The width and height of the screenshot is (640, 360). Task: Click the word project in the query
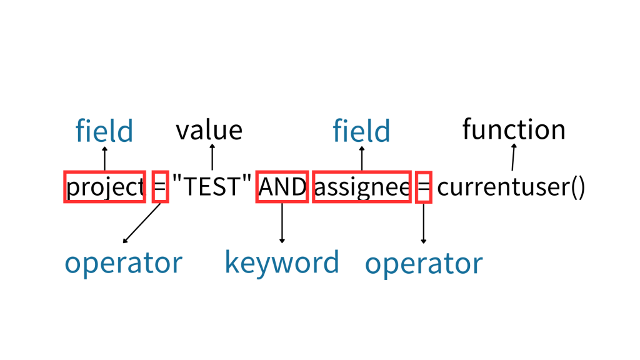click(105, 186)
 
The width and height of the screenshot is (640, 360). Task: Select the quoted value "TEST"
click(212, 186)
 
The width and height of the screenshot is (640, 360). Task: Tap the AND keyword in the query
click(282, 186)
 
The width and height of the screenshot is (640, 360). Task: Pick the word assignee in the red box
click(362, 186)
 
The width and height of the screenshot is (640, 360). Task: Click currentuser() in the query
click(511, 186)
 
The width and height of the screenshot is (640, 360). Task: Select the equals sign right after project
click(160, 186)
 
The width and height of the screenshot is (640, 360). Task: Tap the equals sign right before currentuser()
click(424, 186)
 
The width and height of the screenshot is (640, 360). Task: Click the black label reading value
click(209, 130)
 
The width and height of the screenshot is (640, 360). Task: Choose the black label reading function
click(514, 129)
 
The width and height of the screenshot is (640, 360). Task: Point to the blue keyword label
click(282, 262)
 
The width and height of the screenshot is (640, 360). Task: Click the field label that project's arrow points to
click(104, 131)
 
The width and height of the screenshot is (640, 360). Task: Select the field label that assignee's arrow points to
click(361, 131)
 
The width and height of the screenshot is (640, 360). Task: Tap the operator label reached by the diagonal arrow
click(123, 263)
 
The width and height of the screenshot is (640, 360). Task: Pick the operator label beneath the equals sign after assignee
click(424, 263)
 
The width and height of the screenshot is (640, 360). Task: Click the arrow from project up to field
click(104, 158)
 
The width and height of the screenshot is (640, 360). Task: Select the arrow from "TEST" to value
click(212, 157)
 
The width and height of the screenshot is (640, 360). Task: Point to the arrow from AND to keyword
click(282, 223)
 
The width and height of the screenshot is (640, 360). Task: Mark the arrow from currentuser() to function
click(513, 157)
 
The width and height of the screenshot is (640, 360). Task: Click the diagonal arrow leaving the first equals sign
click(142, 222)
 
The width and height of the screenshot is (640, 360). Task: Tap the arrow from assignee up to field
click(362, 158)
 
